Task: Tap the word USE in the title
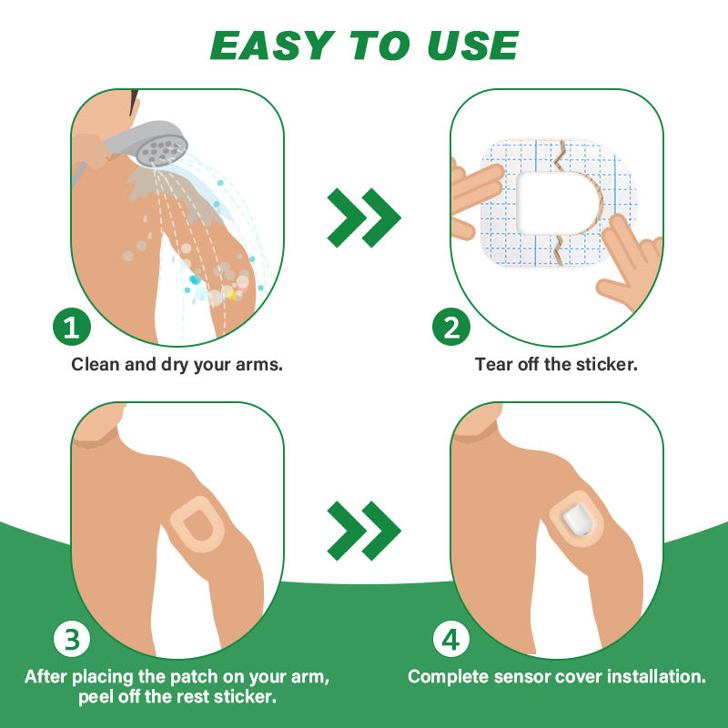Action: click(472, 45)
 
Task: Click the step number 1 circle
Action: click(72, 327)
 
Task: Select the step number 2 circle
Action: click(450, 327)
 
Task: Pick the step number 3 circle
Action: click(72, 640)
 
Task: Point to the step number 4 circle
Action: click(450, 640)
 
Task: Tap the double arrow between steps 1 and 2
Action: click(364, 217)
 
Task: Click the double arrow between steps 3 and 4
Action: click(364, 531)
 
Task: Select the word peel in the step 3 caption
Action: click(96, 697)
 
